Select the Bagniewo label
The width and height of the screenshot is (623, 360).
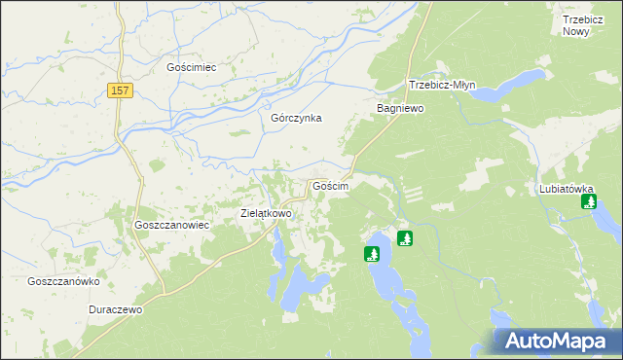click(x=400, y=109)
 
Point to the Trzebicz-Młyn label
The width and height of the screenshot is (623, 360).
click(x=441, y=85)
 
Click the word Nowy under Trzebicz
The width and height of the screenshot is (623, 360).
click(x=576, y=31)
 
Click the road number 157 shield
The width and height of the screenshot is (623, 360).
click(x=120, y=90)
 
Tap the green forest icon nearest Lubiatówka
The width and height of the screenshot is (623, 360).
click(x=589, y=202)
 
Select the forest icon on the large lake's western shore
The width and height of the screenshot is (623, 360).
click(x=371, y=255)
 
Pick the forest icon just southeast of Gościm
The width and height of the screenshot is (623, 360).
click(x=405, y=237)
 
